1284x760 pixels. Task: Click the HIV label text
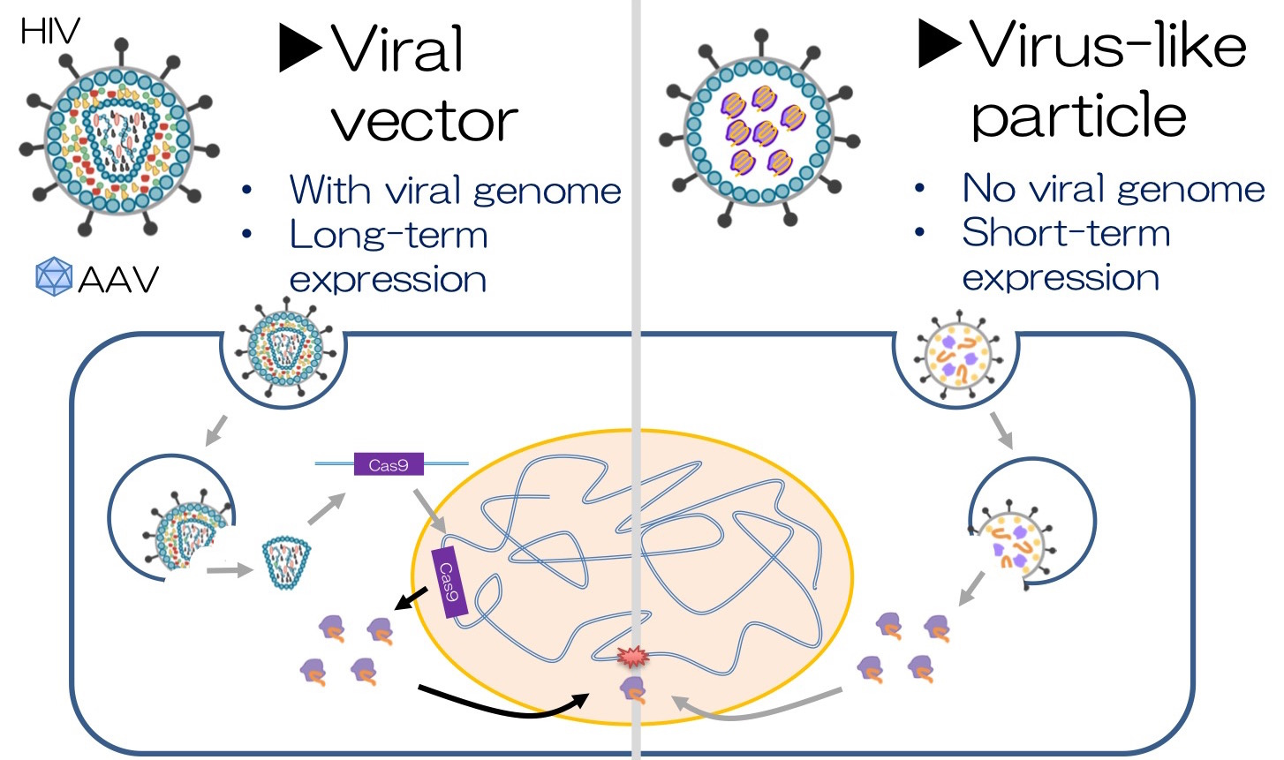coord(49,33)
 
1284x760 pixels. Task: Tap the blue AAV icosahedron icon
coord(53,277)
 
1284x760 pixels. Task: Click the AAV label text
coord(118,280)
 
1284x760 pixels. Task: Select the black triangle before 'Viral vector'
coord(299,49)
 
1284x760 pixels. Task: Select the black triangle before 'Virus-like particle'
coord(939,43)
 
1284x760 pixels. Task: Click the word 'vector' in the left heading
coord(425,120)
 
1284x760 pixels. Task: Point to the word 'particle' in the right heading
coord(1078,116)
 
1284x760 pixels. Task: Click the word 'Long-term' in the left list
coord(389,235)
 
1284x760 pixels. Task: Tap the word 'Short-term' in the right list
coord(1066,233)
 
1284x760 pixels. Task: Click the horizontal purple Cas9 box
coord(389,464)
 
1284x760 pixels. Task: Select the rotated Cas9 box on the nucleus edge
coord(449,583)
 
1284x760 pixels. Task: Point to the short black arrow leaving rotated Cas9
coord(412,600)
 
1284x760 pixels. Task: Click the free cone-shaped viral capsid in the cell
coord(285,563)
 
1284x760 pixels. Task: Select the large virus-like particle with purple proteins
coord(759,128)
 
